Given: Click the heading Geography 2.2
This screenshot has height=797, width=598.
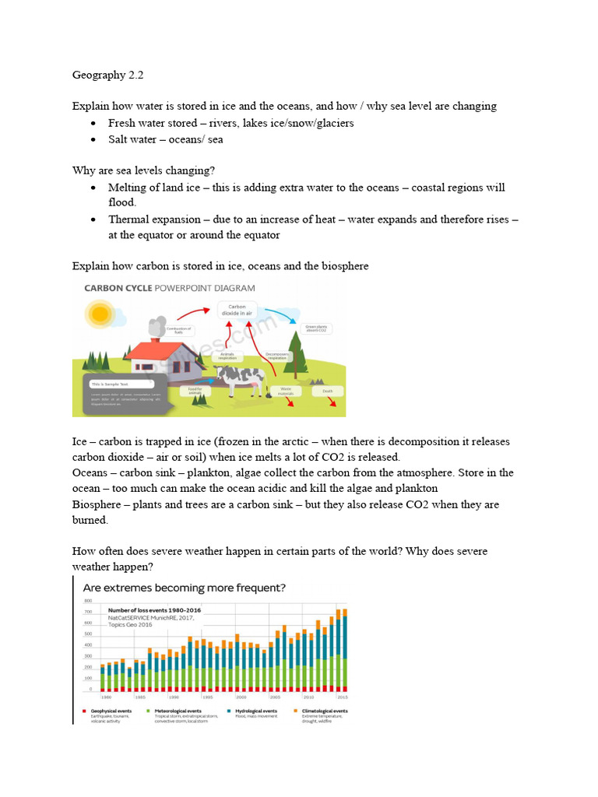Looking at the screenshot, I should point(108,75).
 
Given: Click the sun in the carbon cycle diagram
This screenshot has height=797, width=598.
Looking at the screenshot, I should point(100,314).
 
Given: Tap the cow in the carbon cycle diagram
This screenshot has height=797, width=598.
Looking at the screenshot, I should point(239,378).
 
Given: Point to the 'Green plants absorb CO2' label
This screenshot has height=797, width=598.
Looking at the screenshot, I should point(316,329).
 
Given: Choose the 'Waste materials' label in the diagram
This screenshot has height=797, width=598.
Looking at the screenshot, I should point(287,391).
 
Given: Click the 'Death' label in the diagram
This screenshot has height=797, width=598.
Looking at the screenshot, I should point(328,391).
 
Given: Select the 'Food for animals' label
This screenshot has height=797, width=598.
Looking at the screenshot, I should point(195,391).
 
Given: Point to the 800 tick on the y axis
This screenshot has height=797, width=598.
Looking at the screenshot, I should point(88,601).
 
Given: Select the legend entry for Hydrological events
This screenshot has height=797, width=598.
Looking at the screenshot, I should point(257,711).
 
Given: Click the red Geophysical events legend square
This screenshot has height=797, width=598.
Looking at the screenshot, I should point(84,711).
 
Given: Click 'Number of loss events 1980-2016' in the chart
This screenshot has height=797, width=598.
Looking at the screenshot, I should point(154,610).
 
